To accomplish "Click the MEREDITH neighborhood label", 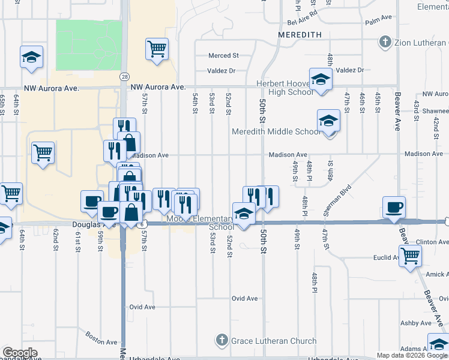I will click(300, 35).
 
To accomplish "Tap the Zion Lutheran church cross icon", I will click(385, 43).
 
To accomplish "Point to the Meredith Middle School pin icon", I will click(328, 122).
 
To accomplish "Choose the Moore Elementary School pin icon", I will click(244, 214).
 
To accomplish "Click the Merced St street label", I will click(223, 56).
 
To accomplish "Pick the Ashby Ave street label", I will click(416, 323).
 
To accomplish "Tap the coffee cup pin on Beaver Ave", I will click(394, 208).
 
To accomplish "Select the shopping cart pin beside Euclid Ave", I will click(411, 256).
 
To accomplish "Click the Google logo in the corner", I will click(20, 353).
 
